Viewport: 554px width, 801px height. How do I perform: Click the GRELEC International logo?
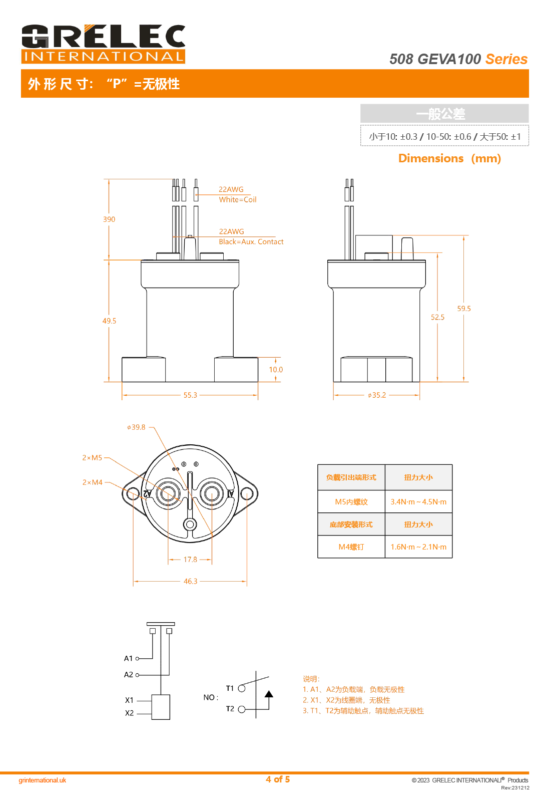point(103,44)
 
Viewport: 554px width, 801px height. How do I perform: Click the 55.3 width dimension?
point(190,395)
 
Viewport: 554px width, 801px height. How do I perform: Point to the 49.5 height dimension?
point(109,321)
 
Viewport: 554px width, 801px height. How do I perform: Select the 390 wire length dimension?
point(109,219)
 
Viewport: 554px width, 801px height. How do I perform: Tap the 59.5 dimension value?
point(464,309)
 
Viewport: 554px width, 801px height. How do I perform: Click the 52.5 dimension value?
point(437,317)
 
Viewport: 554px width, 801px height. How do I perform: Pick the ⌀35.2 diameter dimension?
point(377,395)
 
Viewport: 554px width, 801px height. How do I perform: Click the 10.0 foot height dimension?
point(276,370)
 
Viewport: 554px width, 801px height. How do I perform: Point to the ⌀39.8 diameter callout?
point(136,427)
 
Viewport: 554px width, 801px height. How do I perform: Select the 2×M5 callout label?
point(92,458)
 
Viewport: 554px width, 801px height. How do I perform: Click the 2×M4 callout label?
point(92,482)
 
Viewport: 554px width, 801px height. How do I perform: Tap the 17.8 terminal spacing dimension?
point(190,560)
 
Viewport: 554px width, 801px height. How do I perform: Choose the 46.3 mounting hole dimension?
point(190,582)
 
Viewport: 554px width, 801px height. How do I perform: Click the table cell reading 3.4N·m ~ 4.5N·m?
point(418,502)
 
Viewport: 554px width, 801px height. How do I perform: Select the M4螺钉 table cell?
point(351,547)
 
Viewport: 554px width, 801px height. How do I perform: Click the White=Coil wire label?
point(238,199)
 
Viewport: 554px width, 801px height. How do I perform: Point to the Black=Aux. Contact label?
point(251,241)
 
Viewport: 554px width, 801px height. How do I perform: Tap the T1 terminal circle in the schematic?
point(242,688)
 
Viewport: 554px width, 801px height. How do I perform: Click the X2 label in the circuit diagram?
point(130,713)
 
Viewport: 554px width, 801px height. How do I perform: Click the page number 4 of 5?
point(278,779)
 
